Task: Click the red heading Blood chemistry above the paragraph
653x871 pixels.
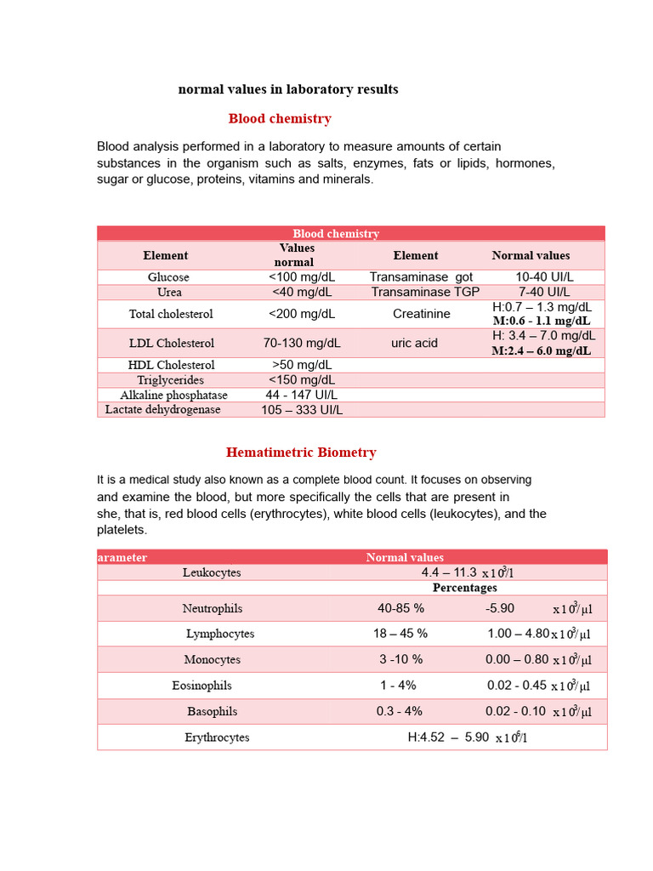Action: (x=280, y=119)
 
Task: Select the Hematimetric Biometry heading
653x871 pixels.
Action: (x=301, y=453)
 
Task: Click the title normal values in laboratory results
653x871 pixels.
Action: (x=288, y=89)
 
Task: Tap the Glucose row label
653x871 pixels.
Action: (x=168, y=277)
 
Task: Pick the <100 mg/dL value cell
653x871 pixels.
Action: (x=302, y=277)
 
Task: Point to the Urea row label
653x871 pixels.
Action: (x=169, y=293)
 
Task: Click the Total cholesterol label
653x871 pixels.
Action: (x=171, y=314)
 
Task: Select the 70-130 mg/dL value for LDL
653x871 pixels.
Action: (x=302, y=344)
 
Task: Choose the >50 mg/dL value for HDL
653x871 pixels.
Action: (x=302, y=365)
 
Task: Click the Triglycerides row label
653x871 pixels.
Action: (x=171, y=380)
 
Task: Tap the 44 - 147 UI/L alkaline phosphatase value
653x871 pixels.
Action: (x=302, y=396)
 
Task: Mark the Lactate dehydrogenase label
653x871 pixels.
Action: (x=163, y=410)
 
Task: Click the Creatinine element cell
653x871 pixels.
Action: (x=422, y=314)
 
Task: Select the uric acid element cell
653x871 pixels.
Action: (x=415, y=344)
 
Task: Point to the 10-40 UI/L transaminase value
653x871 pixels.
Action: (x=545, y=277)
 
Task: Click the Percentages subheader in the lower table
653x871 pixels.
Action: (x=464, y=588)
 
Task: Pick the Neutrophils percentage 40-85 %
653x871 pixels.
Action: (x=400, y=609)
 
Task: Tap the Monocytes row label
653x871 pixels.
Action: (x=213, y=660)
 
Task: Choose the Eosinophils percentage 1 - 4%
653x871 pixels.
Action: (x=398, y=686)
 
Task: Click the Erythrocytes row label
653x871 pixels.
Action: (x=218, y=737)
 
